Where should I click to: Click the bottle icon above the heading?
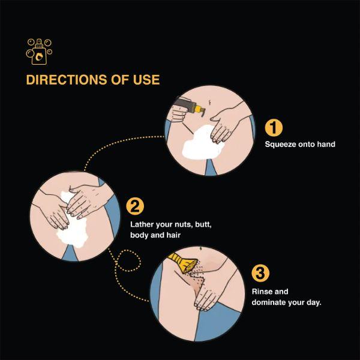tap(39, 52)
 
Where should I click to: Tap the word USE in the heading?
tap(146, 80)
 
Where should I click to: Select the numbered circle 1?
tap(274, 128)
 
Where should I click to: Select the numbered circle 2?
tap(135, 206)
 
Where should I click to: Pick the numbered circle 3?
tap(260, 273)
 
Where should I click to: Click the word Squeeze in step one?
tap(280, 145)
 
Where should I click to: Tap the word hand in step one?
tap(326, 144)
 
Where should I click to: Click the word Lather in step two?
tap(142, 224)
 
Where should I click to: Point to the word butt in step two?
tap(203, 224)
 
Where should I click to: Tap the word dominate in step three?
tap(269, 302)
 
